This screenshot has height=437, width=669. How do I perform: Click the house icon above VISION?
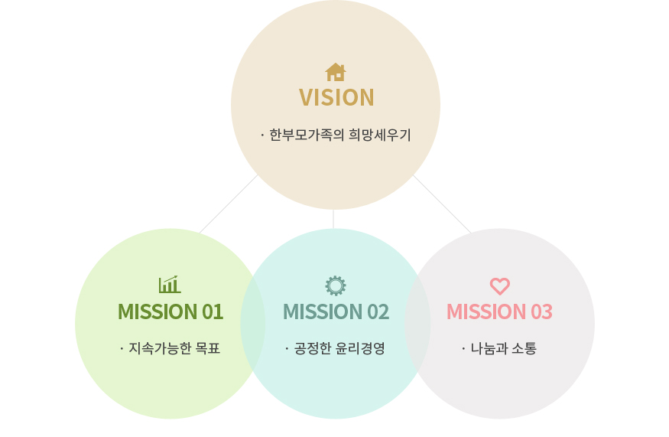pyautogui.click(x=336, y=72)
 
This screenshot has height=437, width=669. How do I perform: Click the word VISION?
pyautogui.click(x=336, y=98)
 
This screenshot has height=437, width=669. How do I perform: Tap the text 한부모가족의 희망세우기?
pyautogui.click(x=340, y=135)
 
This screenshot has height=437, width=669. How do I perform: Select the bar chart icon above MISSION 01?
pyautogui.click(x=170, y=285)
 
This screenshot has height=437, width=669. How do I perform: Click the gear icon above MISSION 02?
pyautogui.click(x=336, y=285)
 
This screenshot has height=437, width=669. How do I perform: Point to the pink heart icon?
pyautogui.click(x=499, y=286)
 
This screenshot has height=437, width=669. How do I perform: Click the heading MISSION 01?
pyautogui.click(x=170, y=311)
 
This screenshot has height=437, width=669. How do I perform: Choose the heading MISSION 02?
pyautogui.click(x=336, y=311)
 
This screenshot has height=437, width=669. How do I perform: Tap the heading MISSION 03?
pyautogui.click(x=499, y=311)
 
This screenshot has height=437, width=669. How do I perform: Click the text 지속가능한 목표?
pyautogui.click(x=174, y=348)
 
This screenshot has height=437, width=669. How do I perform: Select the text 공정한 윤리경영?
pyautogui.click(x=339, y=348)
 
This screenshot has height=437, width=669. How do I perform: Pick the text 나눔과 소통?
pyautogui.click(x=503, y=348)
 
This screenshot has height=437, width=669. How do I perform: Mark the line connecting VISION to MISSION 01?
pyautogui.click(x=229, y=204)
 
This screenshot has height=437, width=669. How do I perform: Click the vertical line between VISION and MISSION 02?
pyautogui.click(x=333, y=219)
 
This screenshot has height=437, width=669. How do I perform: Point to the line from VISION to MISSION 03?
pyautogui.click(x=443, y=204)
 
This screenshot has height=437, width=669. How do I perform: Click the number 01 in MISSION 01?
pyautogui.click(x=213, y=311)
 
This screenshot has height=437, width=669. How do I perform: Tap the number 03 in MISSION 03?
pyautogui.click(x=542, y=311)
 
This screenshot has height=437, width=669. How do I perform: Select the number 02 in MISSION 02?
pyautogui.click(x=378, y=311)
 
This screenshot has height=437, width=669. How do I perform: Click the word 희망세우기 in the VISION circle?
pyautogui.click(x=380, y=135)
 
